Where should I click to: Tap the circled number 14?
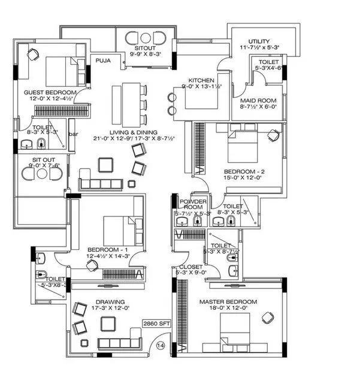[x=160, y=345]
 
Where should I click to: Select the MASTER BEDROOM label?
[x=228, y=301]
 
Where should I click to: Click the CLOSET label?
[x=190, y=267]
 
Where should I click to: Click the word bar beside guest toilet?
[x=73, y=134]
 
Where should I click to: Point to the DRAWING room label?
[x=109, y=301]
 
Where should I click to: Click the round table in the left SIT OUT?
[x=41, y=174]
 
